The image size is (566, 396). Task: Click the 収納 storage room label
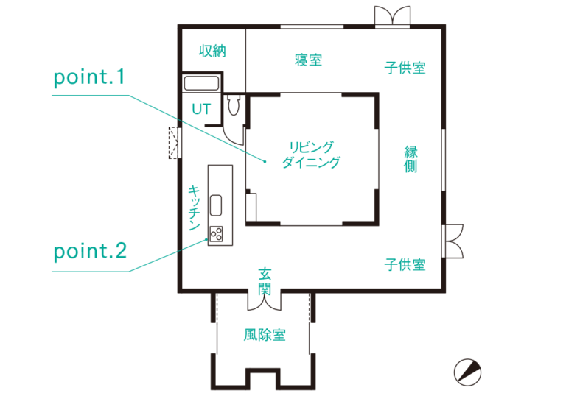click(212, 51)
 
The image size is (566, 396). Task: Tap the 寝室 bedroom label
click(308, 60)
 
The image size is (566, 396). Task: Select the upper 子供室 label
click(405, 68)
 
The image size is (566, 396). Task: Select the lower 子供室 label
click(405, 265)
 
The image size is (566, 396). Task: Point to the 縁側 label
click(410, 159)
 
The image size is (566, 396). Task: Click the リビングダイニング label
click(311, 155)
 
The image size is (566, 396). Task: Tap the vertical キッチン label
click(195, 208)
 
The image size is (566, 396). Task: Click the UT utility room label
click(201, 109)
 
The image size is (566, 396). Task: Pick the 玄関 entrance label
click(265, 281)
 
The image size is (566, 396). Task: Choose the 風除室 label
click(265, 335)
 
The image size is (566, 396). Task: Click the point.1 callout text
click(89, 77)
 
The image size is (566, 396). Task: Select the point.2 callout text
click(90, 252)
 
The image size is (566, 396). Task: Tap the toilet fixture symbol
click(234, 105)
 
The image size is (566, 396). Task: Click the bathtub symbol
click(201, 83)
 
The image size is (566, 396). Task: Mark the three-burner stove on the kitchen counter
click(217, 234)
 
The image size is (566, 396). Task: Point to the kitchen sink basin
click(216, 205)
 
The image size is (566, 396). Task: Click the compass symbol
click(467, 372)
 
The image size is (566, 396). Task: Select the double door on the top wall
click(392, 16)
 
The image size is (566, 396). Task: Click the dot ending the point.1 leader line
click(265, 162)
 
